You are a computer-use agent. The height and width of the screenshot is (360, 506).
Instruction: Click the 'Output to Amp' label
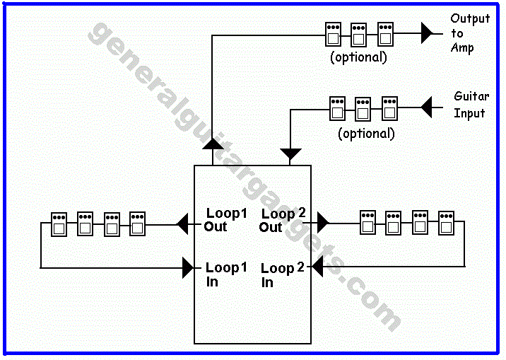pyautogui.click(x=470, y=33)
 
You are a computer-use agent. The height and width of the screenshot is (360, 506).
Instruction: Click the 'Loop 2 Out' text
pyautogui.click(x=283, y=220)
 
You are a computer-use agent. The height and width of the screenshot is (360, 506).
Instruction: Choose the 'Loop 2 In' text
pyautogui.click(x=282, y=274)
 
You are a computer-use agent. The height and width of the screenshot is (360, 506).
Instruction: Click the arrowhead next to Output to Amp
pyautogui.click(x=426, y=32)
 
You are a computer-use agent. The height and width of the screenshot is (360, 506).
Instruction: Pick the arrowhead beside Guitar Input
pyautogui.click(x=426, y=108)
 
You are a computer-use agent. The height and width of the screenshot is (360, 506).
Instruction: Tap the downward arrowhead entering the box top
pyautogui.click(x=290, y=153)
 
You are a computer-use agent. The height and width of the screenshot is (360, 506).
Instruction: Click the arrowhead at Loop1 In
pyautogui.click(x=189, y=267)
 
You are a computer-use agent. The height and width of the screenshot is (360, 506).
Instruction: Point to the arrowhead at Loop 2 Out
pyautogui.click(x=323, y=223)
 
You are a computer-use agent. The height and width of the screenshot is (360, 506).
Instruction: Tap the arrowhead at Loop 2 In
pyautogui.click(x=317, y=267)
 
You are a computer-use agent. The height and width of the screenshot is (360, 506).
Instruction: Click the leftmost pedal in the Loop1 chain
pyautogui.click(x=59, y=224)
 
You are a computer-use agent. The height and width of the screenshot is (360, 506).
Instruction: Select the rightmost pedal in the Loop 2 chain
pyautogui.click(x=446, y=222)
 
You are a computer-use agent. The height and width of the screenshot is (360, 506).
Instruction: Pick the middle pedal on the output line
pyautogui.click(x=359, y=34)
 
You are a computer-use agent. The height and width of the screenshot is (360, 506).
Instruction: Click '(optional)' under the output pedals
pyautogui.click(x=358, y=57)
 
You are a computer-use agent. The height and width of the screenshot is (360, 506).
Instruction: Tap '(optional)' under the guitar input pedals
pyautogui.click(x=366, y=133)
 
